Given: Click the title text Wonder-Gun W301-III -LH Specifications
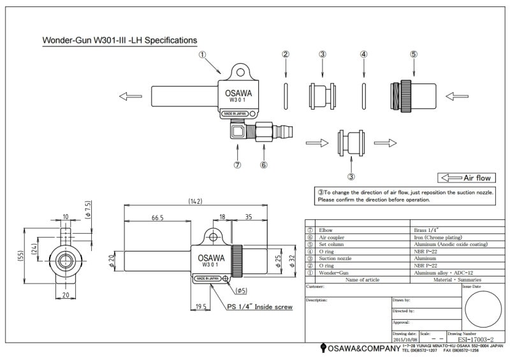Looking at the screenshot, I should (x=119, y=40).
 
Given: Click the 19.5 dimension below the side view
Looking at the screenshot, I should (x=201, y=306).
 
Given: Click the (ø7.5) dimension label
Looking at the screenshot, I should (x=87, y=210).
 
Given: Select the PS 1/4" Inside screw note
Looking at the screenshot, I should (x=259, y=307).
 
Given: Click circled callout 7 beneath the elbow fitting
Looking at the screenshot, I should (x=237, y=164).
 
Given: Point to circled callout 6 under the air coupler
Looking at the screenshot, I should (x=263, y=164).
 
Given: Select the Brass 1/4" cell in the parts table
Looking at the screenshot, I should (x=423, y=229).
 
